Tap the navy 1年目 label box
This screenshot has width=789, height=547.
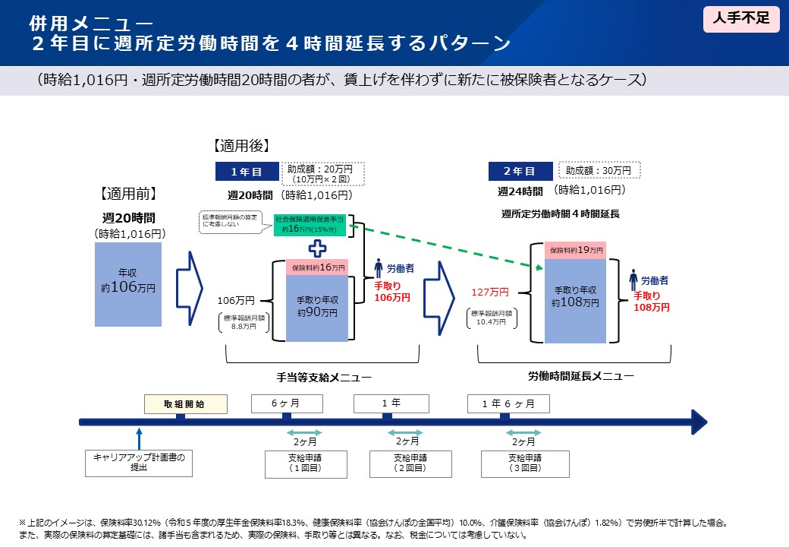click(x=246, y=172)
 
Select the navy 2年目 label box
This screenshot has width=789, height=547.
click(x=520, y=172)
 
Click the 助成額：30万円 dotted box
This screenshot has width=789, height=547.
click(x=599, y=171)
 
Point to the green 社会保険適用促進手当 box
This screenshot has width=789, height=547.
click(x=310, y=224)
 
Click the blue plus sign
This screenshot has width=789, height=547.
click(x=317, y=248)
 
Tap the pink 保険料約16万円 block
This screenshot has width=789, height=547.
click(x=317, y=267)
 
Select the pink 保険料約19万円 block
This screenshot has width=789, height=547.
click(x=575, y=250)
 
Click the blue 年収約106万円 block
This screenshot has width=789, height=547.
click(x=128, y=283)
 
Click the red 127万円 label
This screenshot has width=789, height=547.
click(x=489, y=292)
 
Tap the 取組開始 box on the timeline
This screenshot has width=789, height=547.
click(x=185, y=403)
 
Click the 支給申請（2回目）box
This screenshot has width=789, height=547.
click(x=410, y=463)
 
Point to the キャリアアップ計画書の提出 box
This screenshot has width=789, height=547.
click(x=138, y=462)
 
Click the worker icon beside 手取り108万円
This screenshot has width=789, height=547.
click(x=633, y=280)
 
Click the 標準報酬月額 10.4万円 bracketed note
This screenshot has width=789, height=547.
click(x=492, y=318)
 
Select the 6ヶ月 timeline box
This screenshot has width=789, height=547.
click(x=285, y=403)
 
